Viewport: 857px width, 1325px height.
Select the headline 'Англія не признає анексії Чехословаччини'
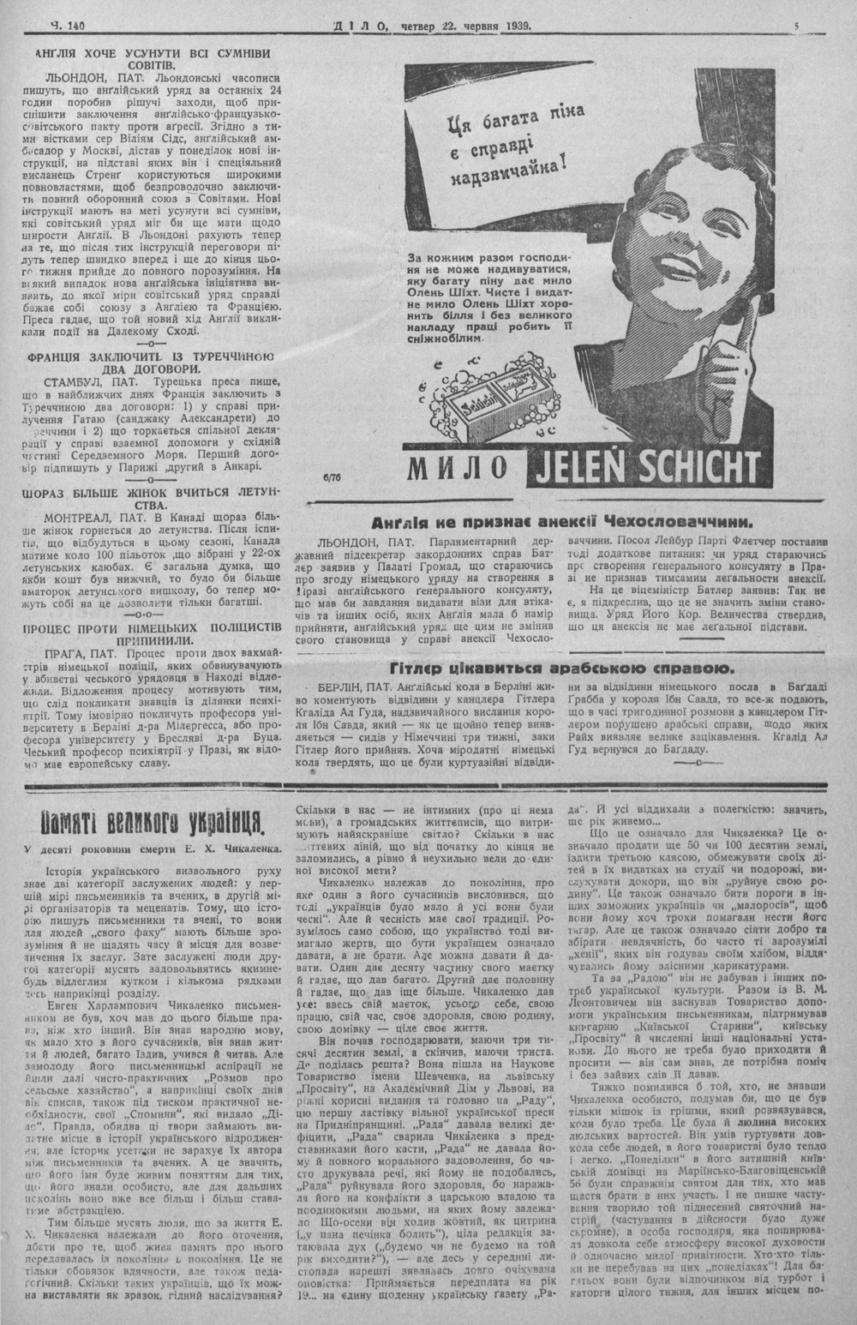click(562, 521)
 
